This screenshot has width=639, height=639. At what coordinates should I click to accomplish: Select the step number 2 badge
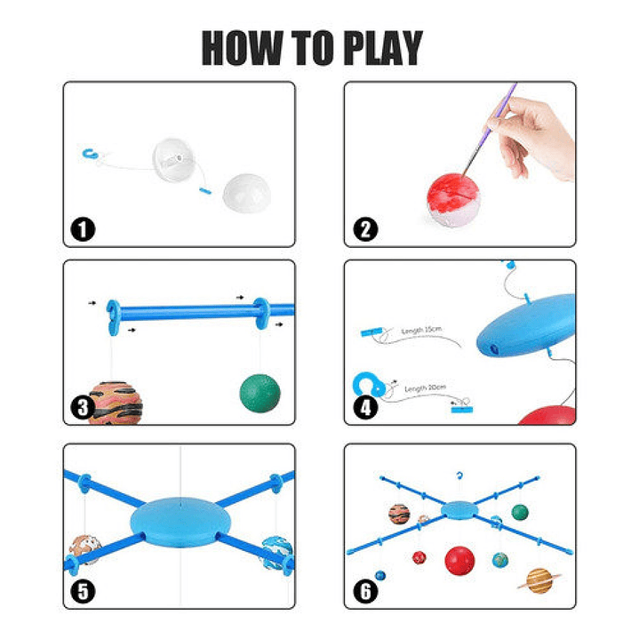(364, 230)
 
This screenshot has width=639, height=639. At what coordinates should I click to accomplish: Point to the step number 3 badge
(83, 409)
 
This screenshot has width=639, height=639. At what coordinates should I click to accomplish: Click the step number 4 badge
(364, 409)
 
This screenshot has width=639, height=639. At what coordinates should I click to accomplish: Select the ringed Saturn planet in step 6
(539, 579)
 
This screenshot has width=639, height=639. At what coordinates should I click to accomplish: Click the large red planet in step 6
(459, 561)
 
